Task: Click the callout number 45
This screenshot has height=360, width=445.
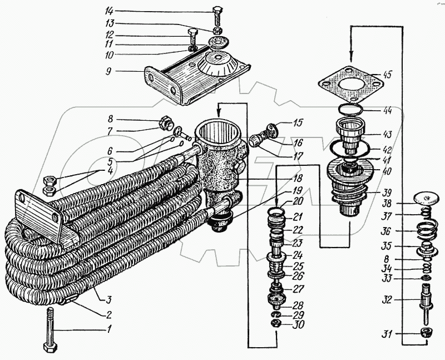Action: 387,75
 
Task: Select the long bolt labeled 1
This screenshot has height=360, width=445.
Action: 50,330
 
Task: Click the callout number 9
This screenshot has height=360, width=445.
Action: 108,71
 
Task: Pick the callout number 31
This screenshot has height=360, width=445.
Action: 387,334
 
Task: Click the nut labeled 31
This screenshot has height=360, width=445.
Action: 426,332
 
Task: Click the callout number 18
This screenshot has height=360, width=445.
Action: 298,179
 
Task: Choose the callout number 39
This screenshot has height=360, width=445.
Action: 387,193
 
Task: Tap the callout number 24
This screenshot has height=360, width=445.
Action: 298,255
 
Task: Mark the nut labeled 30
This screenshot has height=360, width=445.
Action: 275,323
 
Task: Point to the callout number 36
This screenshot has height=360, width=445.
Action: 386,231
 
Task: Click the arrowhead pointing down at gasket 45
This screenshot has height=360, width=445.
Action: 351,58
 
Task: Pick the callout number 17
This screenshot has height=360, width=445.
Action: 298,156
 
